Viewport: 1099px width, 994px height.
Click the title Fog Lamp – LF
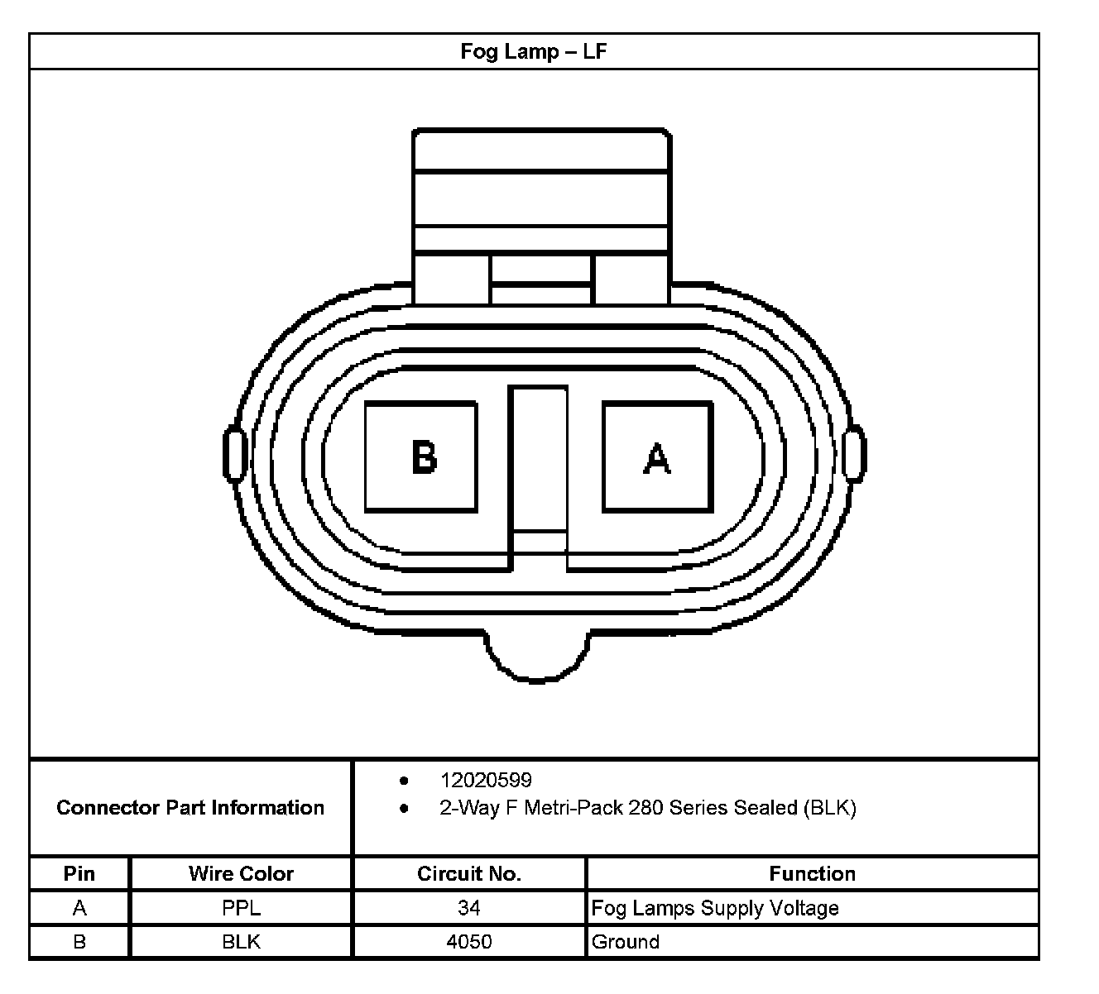534,51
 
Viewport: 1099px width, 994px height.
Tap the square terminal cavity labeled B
421,456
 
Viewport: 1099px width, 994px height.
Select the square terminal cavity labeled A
658,456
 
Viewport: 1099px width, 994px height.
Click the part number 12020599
486,780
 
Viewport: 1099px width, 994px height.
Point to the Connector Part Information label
190,807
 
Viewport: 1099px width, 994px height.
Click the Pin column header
79,873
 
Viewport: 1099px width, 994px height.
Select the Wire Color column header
241,873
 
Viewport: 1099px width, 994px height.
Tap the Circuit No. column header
468,873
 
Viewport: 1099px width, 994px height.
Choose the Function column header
812,873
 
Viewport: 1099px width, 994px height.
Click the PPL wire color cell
241,908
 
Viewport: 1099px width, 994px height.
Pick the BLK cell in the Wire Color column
241,942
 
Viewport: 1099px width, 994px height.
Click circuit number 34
468,908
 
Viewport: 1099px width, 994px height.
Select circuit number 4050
468,942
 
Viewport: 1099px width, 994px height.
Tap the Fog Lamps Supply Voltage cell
715,908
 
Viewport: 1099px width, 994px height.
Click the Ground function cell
626,942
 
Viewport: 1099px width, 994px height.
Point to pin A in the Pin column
79,908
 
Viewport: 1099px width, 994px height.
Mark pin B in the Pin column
79,942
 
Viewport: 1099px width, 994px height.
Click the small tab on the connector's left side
234,454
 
